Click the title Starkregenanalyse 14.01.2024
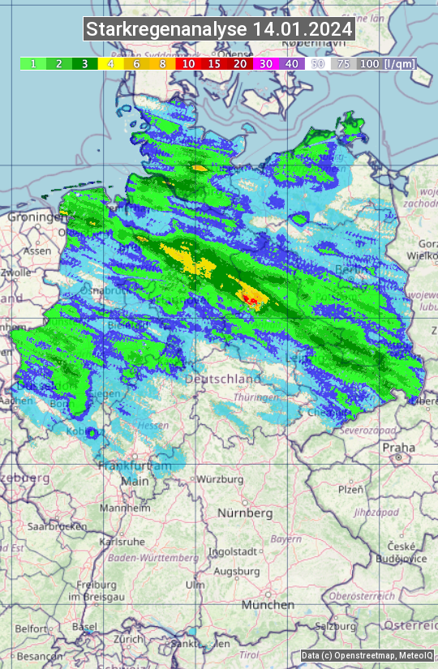coord(219,29)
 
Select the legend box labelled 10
coord(188,63)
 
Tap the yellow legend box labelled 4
coord(109,63)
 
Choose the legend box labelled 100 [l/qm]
coord(386,63)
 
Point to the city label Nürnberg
coord(245,513)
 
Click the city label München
coord(267,605)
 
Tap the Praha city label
coord(398,447)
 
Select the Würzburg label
coord(220,479)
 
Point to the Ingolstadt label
coord(234,551)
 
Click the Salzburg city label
coord(336,625)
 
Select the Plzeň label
coord(350,489)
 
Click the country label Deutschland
coord(223,379)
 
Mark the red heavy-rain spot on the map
coord(252,301)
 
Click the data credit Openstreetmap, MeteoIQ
coord(367,655)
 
